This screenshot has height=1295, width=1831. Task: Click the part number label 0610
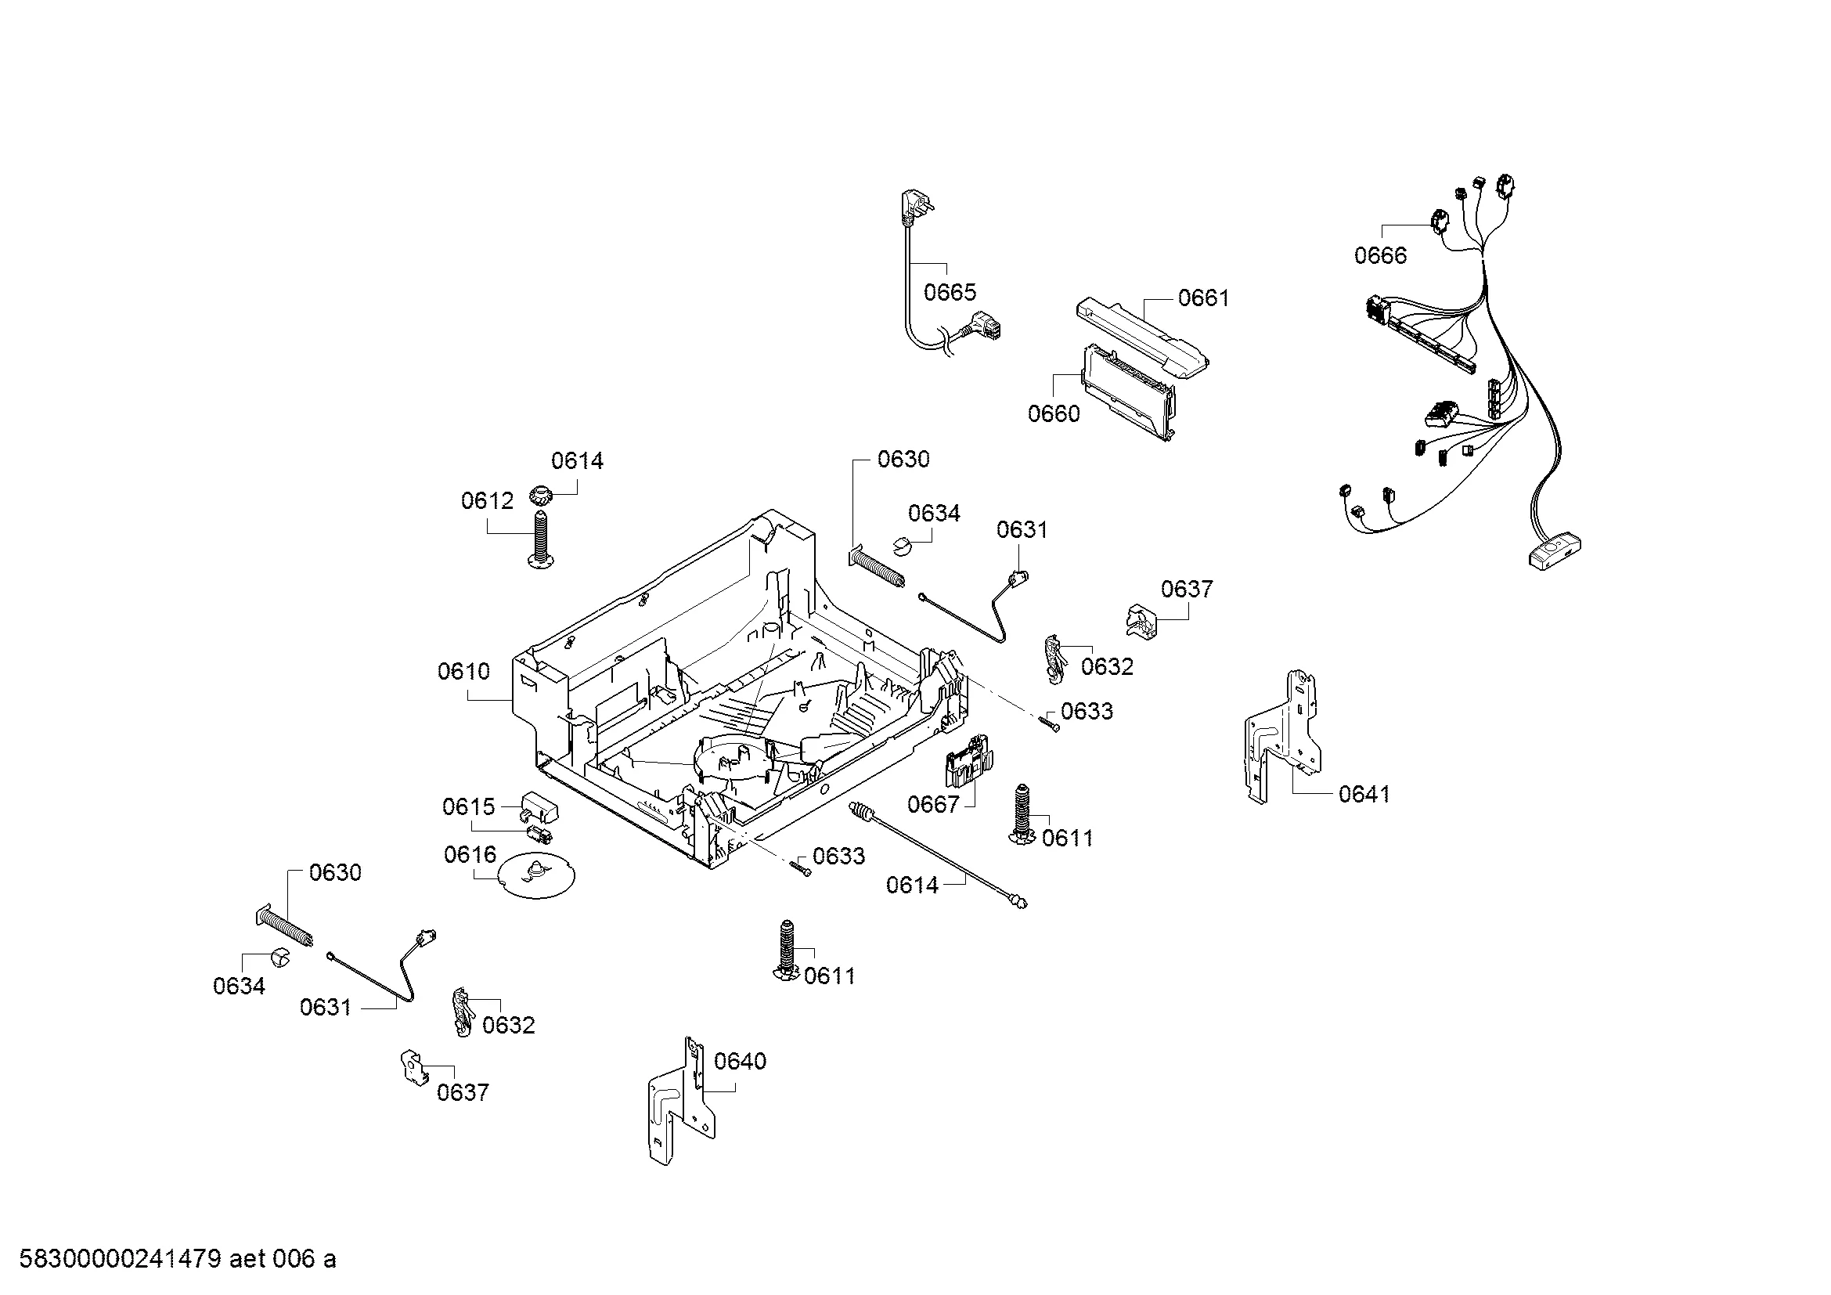(463, 672)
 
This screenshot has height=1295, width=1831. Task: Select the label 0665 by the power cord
(949, 292)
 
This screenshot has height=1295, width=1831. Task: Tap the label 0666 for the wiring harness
(1380, 255)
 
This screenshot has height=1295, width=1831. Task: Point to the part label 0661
(1203, 298)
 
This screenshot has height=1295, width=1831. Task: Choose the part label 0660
(1054, 413)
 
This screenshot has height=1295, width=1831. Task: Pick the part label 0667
(933, 804)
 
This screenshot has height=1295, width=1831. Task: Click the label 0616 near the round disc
(470, 855)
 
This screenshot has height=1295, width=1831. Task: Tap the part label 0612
(486, 501)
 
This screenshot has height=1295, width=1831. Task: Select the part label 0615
(468, 807)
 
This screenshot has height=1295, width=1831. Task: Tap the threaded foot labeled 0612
(542, 543)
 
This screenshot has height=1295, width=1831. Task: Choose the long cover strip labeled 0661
(1141, 335)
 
